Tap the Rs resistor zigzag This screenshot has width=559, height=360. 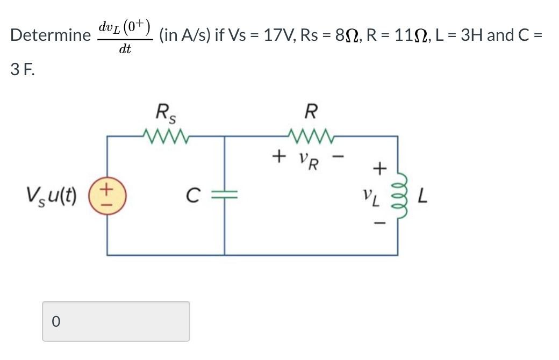(x=166, y=136)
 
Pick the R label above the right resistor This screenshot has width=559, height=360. (x=310, y=113)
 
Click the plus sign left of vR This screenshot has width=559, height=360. (x=278, y=157)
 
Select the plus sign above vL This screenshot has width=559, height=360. (x=379, y=170)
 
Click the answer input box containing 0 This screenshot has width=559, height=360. (x=116, y=321)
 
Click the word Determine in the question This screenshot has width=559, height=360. (x=50, y=35)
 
